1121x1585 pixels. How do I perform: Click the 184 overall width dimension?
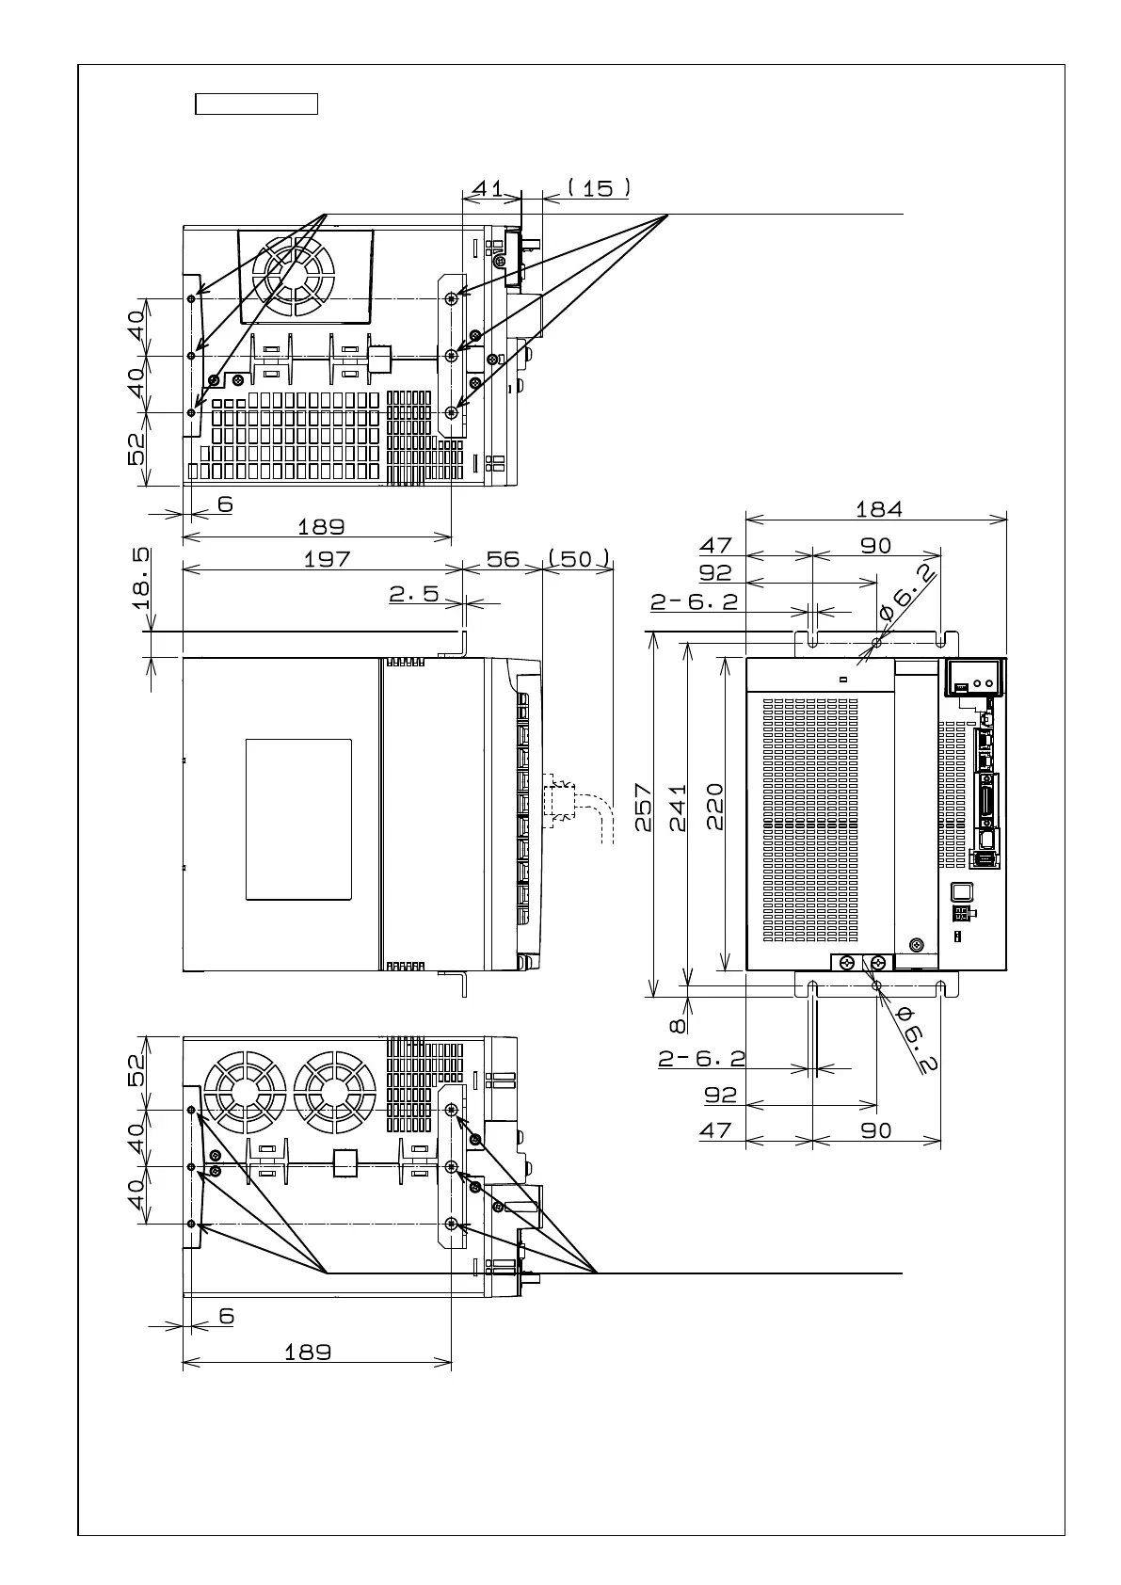pyautogui.click(x=878, y=509)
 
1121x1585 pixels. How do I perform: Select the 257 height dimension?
pyautogui.click(x=644, y=808)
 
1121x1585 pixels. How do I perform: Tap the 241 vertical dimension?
pyautogui.click(x=678, y=808)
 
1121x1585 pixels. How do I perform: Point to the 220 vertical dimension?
pyautogui.click(x=714, y=808)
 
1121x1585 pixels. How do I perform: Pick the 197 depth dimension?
pyautogui.click(x=327, y=559)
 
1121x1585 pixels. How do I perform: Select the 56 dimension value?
pyautogui.click(x=504, y=559)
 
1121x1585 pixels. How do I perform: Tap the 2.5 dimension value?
pyautogui.click(x=414, y=594)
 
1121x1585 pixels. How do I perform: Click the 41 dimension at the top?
pyautogui.click(x=488, y=188)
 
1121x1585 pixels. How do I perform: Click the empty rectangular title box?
pyautogui.click(x=256, y=104)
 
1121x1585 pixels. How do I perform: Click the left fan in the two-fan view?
pyautogui.click(x=245, y=1093)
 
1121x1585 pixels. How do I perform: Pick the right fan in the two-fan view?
pyautogui.click(x=334, y=1093)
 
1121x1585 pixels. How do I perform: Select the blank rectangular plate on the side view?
pyautogui.click(x=298, y=819)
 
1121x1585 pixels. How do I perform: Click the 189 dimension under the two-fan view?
pyautogui.click(x=308, y=1352)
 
